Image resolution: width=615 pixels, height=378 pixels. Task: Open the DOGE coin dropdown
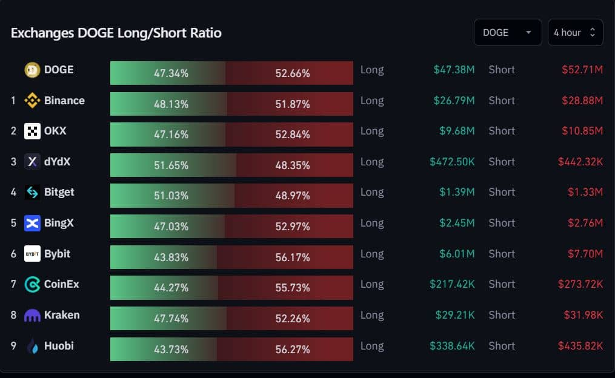click(x=507, y=33)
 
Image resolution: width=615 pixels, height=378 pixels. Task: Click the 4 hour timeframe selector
click(x=575, y=33)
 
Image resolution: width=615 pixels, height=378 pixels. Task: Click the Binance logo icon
click(x=32, y=101)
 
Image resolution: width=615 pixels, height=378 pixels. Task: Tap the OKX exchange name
click(x=55, y=131)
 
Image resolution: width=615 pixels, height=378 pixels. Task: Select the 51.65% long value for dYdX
click(x=171, y=165)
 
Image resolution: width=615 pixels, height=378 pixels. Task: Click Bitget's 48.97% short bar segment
click(x=293, y=196)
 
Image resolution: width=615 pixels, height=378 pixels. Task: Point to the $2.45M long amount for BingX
click(x=457, y=223)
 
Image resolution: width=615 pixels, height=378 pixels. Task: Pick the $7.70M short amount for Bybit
click(x=585, y=254)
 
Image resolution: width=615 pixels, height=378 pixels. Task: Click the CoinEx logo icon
click(x=32, y=284)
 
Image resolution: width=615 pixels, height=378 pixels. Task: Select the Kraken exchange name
click(x=62, y=315)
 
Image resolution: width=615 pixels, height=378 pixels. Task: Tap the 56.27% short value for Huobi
click(x=293, y=350)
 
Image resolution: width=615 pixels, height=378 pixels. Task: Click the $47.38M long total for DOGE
click(x=454, y=70)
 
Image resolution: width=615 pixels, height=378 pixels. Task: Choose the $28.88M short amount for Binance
click(x=582, y=101)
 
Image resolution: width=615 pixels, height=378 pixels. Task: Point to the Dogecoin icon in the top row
click(x=32, y=70)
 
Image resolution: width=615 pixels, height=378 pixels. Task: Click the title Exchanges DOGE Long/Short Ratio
click(x=116, y=33)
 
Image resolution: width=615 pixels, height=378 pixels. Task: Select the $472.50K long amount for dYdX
click(x=452, y=162)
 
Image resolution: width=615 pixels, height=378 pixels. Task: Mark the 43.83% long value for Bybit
click(x=171, y=257)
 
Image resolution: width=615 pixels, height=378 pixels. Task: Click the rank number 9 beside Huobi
click(x=13, y=346)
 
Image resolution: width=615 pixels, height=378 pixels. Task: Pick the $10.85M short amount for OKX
click(x=582, y=131)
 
